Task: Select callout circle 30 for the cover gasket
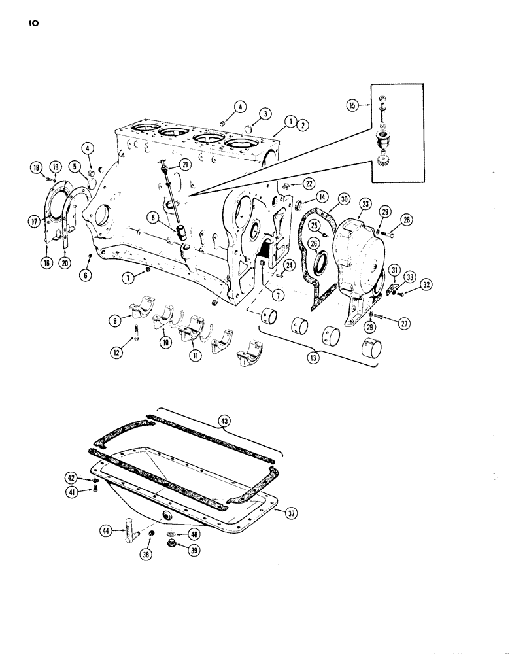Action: (x=343, y=199)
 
